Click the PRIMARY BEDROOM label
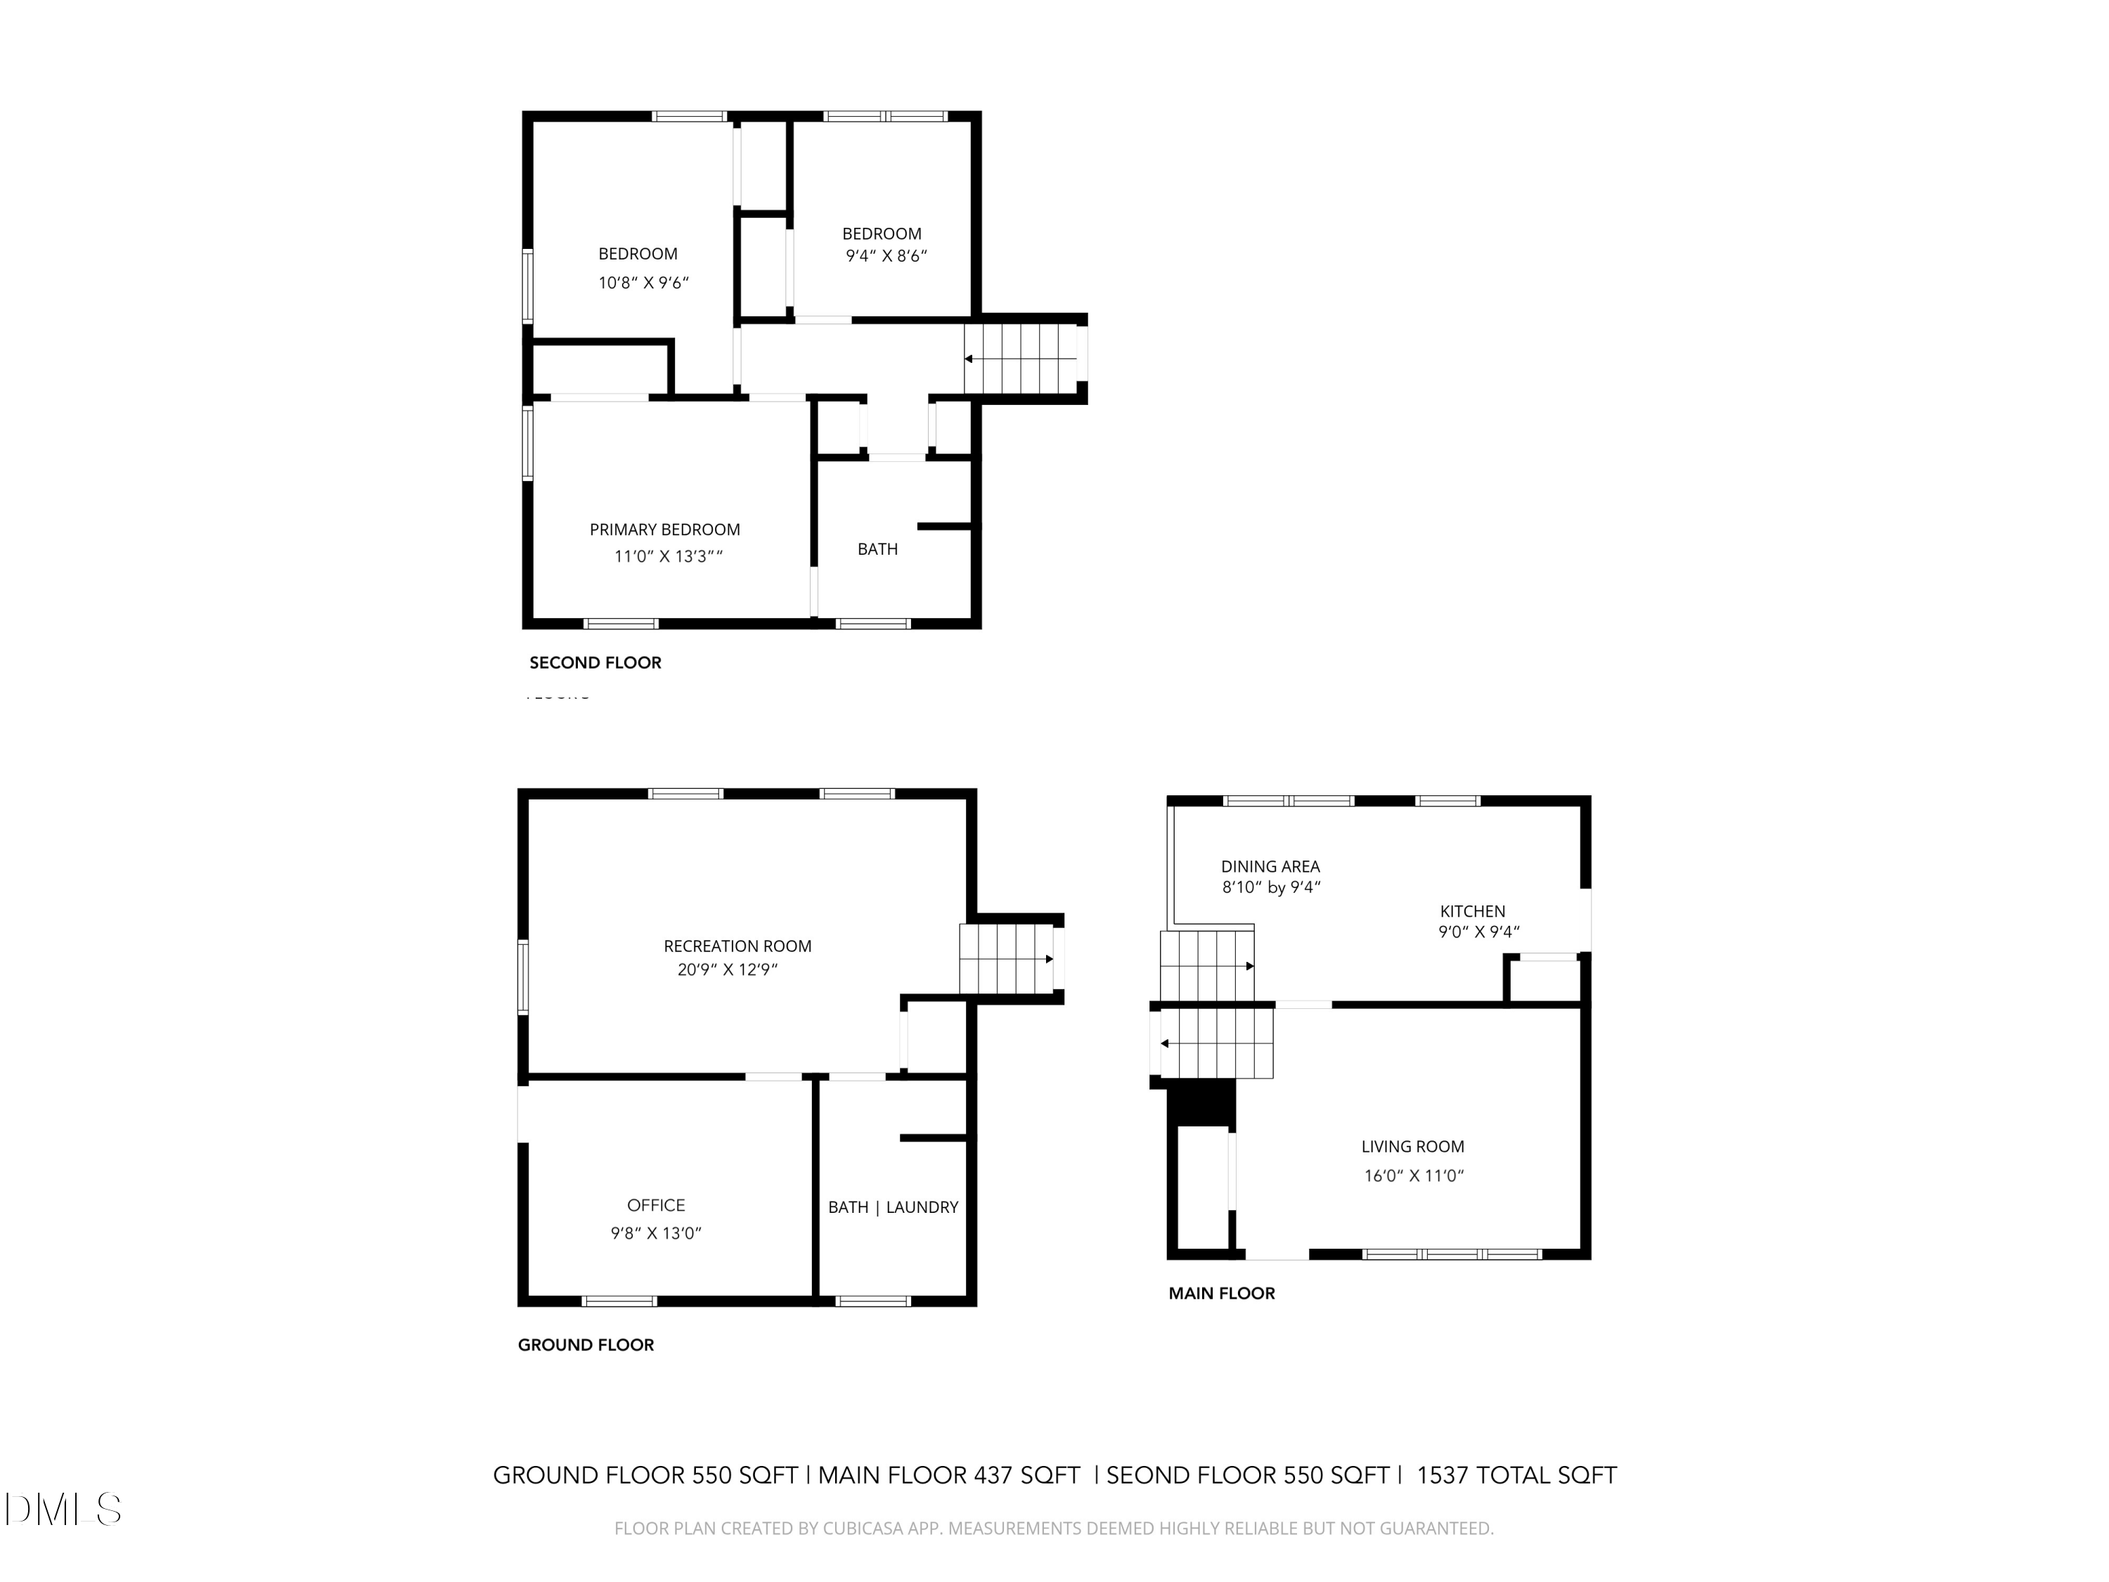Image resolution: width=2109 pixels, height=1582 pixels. click(664, 529)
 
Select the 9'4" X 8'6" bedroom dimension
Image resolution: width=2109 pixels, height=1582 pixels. click(886, 255)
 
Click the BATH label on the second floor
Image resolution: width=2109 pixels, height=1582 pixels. click(877, 549)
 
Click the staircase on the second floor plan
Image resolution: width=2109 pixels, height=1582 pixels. click(1020, 359)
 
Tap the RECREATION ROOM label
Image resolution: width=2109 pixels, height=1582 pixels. click(737, 946)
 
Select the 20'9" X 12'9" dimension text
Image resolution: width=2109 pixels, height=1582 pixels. click(728, 970)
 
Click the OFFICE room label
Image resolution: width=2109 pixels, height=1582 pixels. click(656, 1205)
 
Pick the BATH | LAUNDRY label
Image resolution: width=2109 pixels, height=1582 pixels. click(892, 1207)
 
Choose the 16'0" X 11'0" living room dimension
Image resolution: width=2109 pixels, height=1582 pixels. click(1413, 1176)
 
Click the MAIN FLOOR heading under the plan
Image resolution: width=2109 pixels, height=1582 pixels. click(1221, 1294)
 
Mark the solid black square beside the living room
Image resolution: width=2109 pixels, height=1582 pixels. click(1202, 1105)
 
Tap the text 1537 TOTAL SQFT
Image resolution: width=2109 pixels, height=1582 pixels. click(1516, 1475)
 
